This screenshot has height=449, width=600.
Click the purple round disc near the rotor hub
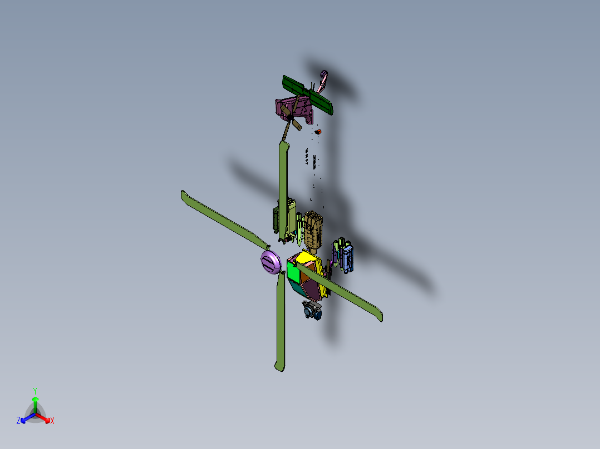[x=271, y=262]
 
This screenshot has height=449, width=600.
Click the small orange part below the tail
[x=319, y=132]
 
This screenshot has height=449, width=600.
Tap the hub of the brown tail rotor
[x=290, y=117]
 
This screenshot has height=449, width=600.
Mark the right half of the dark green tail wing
[x=322, y=103]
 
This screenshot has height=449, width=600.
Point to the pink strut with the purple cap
[x=322, y=81]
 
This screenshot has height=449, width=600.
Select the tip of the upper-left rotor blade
[x=184, y=194]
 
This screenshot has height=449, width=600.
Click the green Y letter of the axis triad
[x=35, y=390]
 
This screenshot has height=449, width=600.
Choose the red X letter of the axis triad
[x=52, y=421]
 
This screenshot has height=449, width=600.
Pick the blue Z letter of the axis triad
[x=18, y=421]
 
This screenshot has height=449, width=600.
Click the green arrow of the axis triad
[x=35, y=402]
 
